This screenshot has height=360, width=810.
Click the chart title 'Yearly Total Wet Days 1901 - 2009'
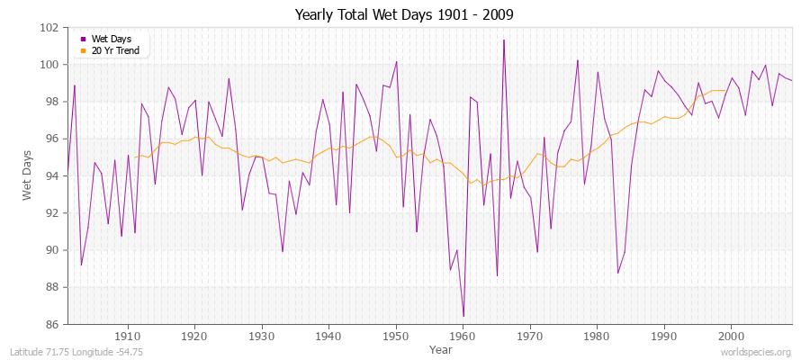coord(404,15)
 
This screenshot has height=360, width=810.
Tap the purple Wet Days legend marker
coord(83,39)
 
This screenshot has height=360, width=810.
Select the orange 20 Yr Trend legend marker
coord(83,50)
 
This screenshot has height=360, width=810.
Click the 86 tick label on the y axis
coord(52,324)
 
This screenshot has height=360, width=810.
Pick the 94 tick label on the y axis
coord(52,175)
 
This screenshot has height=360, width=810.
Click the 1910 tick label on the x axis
coord(128,335)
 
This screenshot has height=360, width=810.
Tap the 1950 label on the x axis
coord(396,335)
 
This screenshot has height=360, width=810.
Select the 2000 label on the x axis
coord(731,335)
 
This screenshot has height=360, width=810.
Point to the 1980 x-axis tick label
coord(597,335)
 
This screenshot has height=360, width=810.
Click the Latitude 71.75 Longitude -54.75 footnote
coord(69,352)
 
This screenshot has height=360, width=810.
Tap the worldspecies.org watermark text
coord(756,352)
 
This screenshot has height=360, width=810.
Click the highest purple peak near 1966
coord(504,40)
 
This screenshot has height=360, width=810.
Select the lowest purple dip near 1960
coord(463,317)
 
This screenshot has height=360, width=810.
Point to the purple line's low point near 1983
coord(618,273)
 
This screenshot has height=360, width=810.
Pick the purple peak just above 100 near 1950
coord(397,61)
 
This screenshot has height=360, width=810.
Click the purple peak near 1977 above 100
coord(578,60)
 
